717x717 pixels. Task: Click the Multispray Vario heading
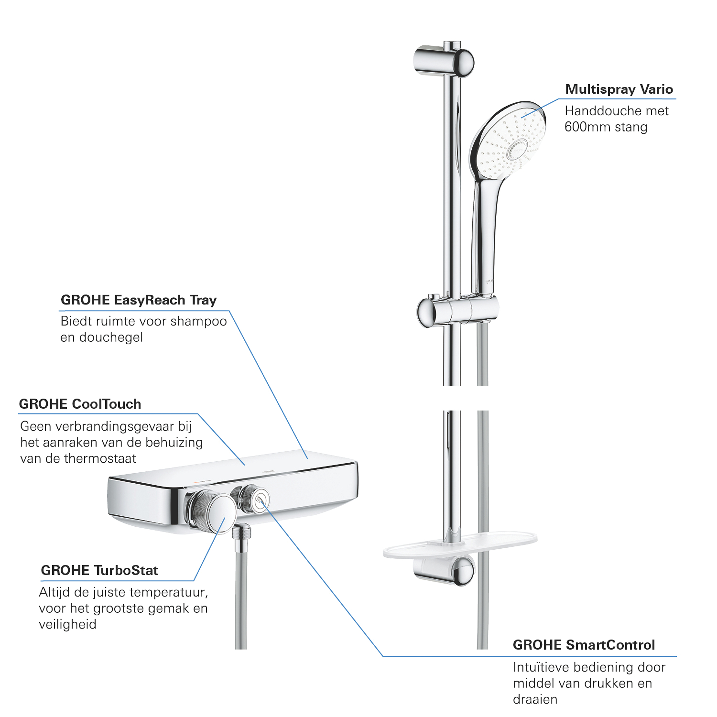click(x=619, y=89)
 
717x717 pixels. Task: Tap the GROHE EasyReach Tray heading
click(x=139, y=300)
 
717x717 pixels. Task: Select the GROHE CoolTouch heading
click(x=80, y=404)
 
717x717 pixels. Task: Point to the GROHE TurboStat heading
click(x=99, y=570)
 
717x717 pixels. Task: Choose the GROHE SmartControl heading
click(x=584, y=645)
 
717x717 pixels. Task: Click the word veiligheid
click(x=67, y=624)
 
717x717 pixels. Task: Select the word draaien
click(x=535, y=699)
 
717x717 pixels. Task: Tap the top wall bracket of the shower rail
click(x=443, y=61)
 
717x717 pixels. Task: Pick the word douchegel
click(x=111, y=337)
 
